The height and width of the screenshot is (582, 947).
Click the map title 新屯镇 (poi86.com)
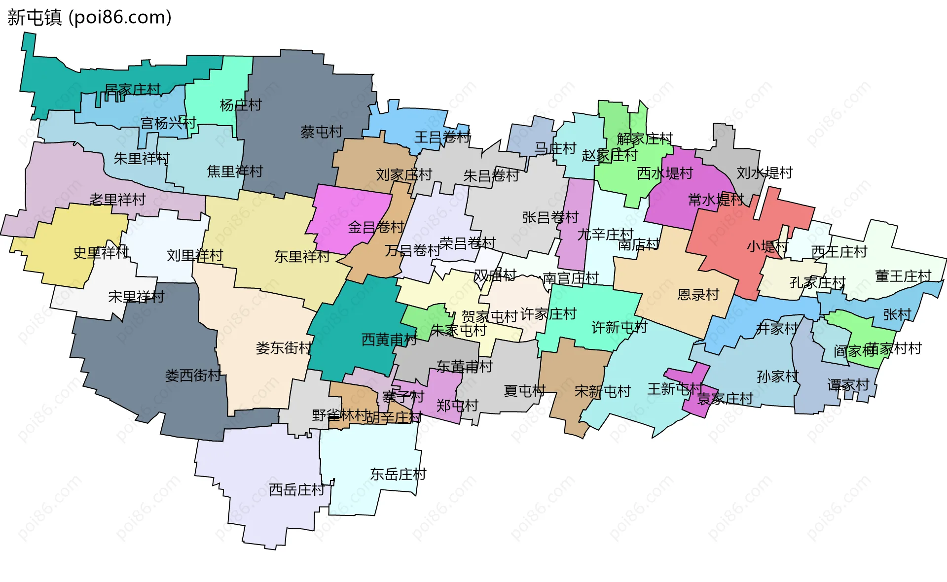coord(89,17)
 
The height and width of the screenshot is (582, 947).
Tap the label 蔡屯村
coord(321,132)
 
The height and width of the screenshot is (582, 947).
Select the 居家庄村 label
coord(133,89)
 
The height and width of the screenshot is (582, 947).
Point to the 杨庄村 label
coord(241,105)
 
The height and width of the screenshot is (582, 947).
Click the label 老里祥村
coord(117,199)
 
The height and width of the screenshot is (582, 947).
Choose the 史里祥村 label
coord(101,252)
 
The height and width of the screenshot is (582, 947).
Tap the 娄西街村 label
coord(193,375)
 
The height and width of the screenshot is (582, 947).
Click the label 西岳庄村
coord(297,489)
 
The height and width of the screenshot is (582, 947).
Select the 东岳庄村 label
coord(398,474)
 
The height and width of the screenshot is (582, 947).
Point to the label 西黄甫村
coord(389,339)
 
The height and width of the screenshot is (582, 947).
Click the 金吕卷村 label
coord(376,227)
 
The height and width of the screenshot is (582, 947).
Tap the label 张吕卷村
coord(550,217)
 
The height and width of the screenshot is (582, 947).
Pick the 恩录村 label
coord(698,294)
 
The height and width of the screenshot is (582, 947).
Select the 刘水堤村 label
coord(765,172)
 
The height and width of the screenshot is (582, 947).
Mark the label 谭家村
coord(848,384)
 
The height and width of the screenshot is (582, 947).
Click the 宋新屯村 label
coord(602,391)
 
